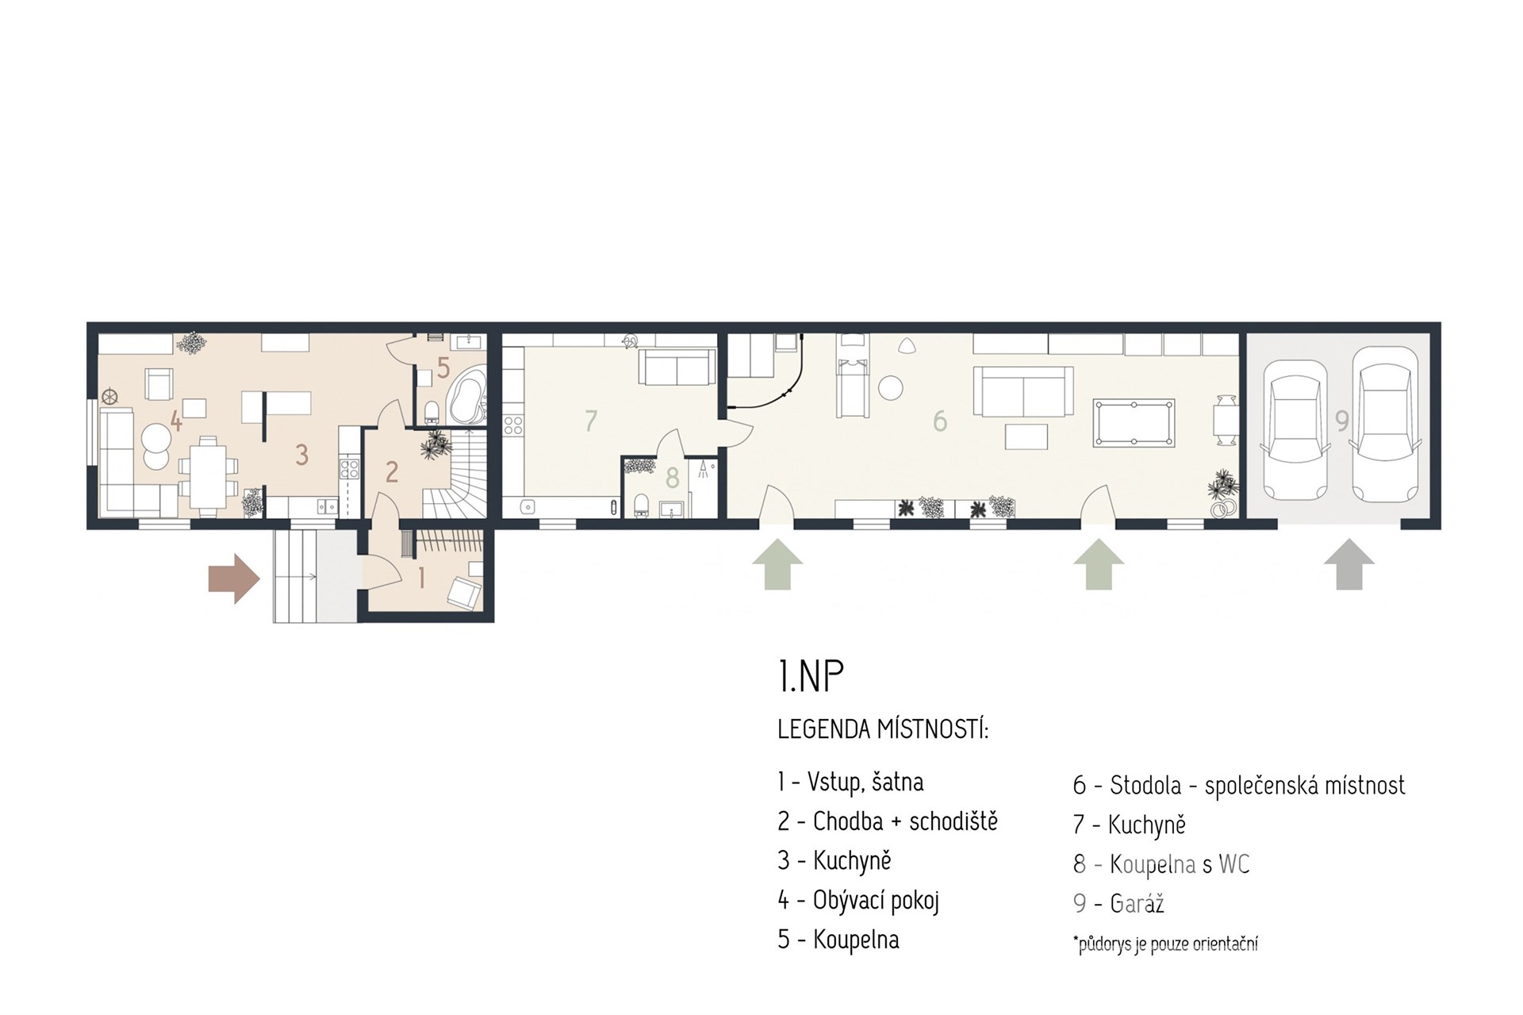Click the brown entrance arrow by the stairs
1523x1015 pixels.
(x=234, y=579)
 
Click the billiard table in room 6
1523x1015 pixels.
(x=1134, y=425)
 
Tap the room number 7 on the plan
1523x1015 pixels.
(x=590, y=421)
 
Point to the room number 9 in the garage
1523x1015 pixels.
(x=1341, y=421)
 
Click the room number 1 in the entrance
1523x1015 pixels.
(x=421, y=578)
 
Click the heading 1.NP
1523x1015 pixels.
(x=811, y=676)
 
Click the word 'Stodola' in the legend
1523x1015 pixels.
(x=1143, y=785)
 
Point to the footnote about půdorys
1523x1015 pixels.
(x=1165, y=944)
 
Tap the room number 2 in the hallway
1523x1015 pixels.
(x=391, y=472)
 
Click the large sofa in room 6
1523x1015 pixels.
(x=1023, y=391)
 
